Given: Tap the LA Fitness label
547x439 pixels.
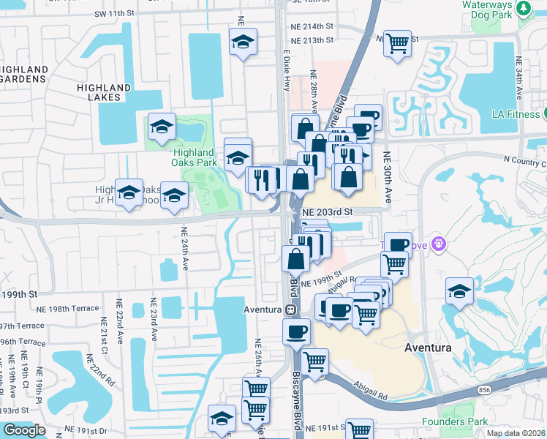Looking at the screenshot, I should pyautogui.click(x=512, y=114).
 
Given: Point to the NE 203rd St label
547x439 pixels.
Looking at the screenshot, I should pyautogui.click(x=328, y=211).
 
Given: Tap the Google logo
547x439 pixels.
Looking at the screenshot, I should pyautogui.click(x=23, y=429).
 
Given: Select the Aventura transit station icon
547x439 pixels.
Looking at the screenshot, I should pyautogui.click(x=290, y=309).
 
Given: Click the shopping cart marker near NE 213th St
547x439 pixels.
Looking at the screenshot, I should pyautogui.click(x=397, y=43).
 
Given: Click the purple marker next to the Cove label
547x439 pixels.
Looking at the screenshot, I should pyautogui.click(x=439, y=243).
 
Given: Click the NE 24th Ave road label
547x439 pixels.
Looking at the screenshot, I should pyautogui.click(x=184, y=249).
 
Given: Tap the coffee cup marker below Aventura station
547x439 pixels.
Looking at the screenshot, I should pyautogui.click(x=296, y=331).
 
